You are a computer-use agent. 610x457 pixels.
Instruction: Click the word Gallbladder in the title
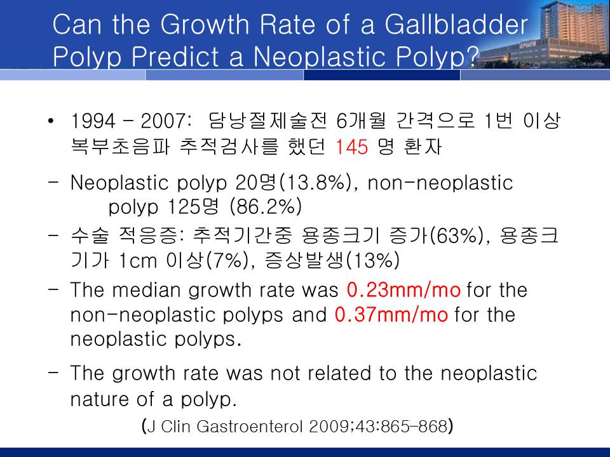[456, 25]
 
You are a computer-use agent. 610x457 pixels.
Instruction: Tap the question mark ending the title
[471, 56]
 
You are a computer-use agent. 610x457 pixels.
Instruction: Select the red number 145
[351, 147]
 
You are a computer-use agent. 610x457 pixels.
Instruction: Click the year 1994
[93, 121]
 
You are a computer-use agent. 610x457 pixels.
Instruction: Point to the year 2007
[163, 121]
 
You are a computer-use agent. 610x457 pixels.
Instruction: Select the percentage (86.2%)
[266, 206]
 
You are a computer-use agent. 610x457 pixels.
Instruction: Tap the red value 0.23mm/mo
[403, 290]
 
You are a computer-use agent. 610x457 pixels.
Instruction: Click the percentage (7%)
[226, 260]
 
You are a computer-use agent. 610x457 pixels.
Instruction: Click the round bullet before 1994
[51, 121]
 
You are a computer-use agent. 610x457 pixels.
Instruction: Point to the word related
[339, 373]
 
